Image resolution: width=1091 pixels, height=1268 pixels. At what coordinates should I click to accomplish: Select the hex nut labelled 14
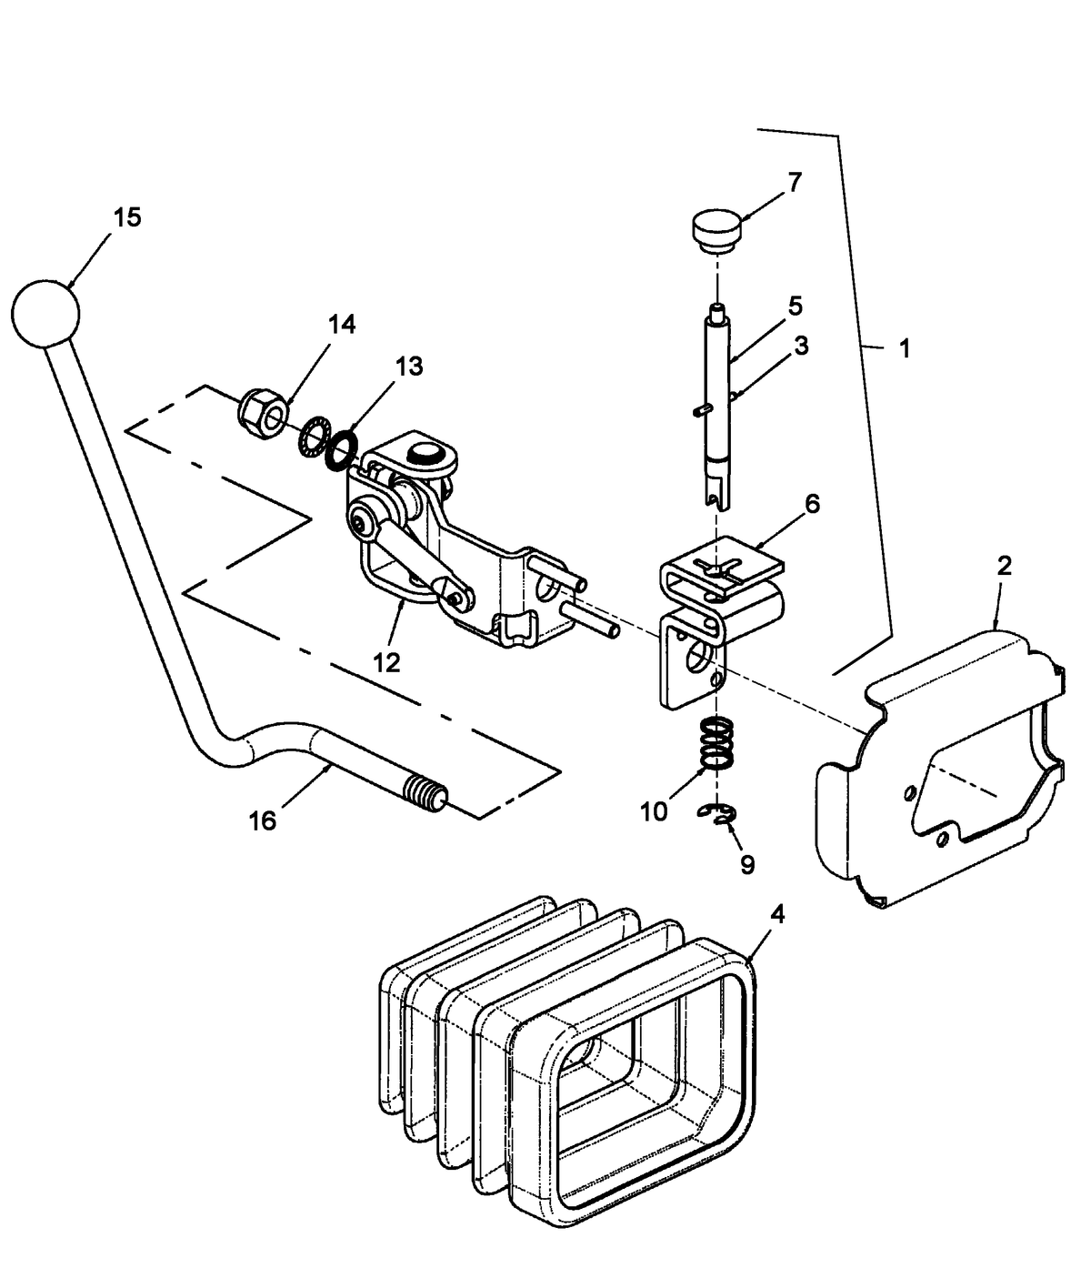point(264,414)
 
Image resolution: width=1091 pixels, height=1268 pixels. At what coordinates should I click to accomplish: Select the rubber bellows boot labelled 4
point(564,1046)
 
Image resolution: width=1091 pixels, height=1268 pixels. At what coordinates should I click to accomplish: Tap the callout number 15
point(127,217)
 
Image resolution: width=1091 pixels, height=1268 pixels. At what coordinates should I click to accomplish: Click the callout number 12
point(385,662)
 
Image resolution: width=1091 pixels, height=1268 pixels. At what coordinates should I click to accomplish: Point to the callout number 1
point(904,348)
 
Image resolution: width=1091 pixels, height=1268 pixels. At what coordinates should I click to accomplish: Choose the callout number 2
point(1005,566)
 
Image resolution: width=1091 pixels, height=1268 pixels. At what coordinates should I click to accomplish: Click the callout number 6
point(812,503)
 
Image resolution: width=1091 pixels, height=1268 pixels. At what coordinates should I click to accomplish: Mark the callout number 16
point(262,820)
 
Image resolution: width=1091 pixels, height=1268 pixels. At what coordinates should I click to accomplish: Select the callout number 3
point(800,345)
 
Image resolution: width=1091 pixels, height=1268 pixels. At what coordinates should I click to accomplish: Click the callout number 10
point(653,811)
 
